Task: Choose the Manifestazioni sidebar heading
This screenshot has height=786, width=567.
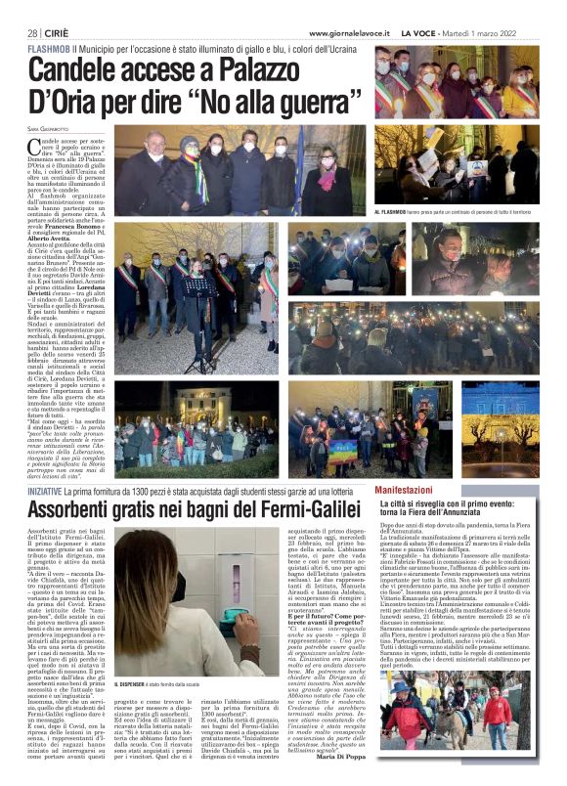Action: pyautogui.click(x=412, y=487)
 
